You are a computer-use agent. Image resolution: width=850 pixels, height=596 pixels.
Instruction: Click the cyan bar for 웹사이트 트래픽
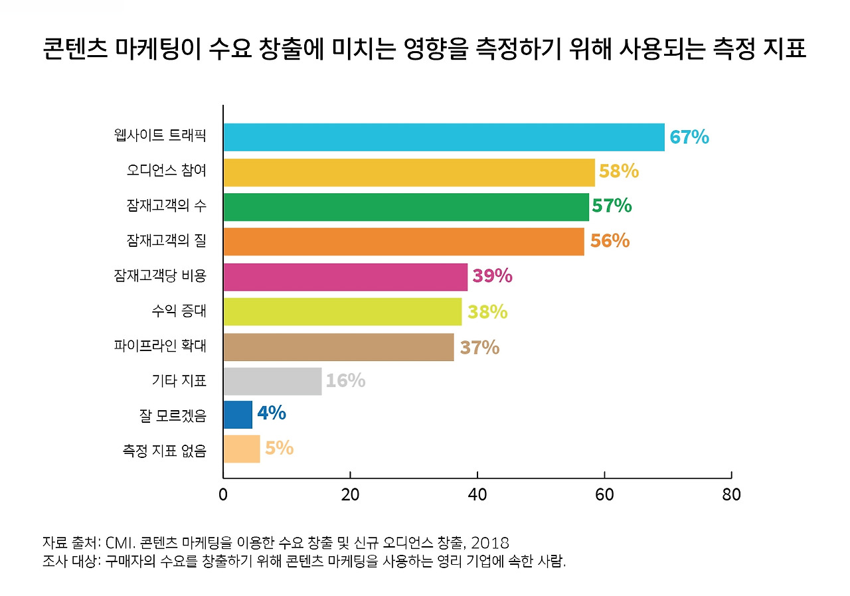pyautogui.click(x=444, y=137)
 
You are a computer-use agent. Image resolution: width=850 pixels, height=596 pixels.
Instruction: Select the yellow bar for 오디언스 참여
pyautogui.click(x=409, y=172)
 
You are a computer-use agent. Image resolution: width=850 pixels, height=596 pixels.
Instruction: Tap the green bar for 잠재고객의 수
pyautogui.click(x=406, y=206)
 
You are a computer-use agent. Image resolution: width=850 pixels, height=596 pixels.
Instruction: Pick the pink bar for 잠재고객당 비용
pyautogui.click(x=345, y=277)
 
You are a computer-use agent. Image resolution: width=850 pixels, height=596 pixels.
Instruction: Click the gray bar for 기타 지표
pyautogui.click(x=272, y=381)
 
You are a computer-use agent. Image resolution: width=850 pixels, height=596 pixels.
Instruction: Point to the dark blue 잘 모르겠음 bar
pyautogui.click(x=238, y=415)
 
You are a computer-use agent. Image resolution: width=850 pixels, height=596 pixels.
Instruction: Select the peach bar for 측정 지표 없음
pyautogui.click(x=242, y=449)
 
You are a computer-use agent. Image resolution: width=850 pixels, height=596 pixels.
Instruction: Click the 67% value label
pyautogui.click(x=689, y=137)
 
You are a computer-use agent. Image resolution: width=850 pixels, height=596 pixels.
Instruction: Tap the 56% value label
pyautogui.click(x=610, y=241)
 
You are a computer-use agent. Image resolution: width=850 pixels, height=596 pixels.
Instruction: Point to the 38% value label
pyautogui.click(x=487, y=312)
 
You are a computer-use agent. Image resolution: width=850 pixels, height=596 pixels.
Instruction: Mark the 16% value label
pyautogui.click(x=345, y=381)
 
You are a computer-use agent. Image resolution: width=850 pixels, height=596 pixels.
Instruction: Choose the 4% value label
pyautogui.click(x=271, y=413)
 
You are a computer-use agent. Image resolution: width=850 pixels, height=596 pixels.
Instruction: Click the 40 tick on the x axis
pyautogui.click(x=477, y=495)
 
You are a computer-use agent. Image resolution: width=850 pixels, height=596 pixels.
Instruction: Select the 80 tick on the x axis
pyautogui.click(x=730, y=495)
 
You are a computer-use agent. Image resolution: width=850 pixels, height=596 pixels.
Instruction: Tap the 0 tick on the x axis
pyautogui.click(x=223, y=495)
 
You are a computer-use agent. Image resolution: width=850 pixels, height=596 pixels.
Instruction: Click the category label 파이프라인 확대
pyautogui.click(x=160, y=346)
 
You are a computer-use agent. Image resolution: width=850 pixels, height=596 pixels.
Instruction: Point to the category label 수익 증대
pyautogui.click(x=179, y=311)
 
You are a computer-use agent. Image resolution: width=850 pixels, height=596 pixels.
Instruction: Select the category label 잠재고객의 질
pyautogui.click(x=167, y=240)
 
